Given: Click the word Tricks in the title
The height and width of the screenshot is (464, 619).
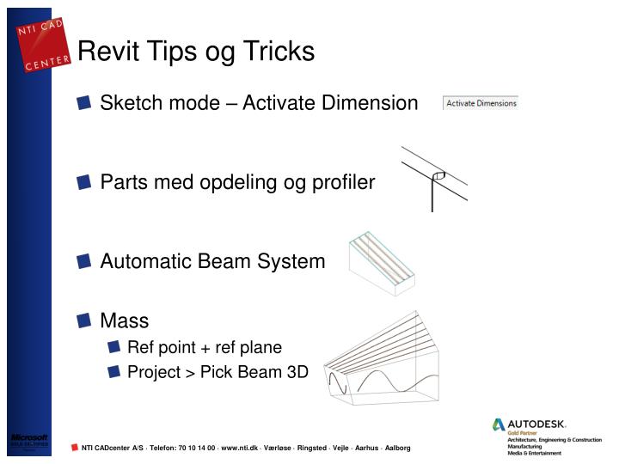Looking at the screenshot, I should coord(279,52).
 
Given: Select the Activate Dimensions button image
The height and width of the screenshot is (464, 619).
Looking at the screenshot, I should coord(481,103).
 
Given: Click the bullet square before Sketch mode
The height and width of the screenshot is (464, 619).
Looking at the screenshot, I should coord(83,103).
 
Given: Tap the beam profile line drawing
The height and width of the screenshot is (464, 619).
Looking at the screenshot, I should coord(435,179).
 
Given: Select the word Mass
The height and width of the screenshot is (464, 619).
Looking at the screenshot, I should coord(125,321).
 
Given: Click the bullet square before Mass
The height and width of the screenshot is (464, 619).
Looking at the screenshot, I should coord(83,321).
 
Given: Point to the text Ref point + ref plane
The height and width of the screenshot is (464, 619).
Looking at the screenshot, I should coord(205,347).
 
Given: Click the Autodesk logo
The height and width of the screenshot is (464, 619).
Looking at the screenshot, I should coord(530,424).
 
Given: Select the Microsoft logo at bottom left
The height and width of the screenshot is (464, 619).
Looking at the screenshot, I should coord(28,440).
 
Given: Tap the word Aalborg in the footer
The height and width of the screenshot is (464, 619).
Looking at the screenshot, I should coord(397,448).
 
